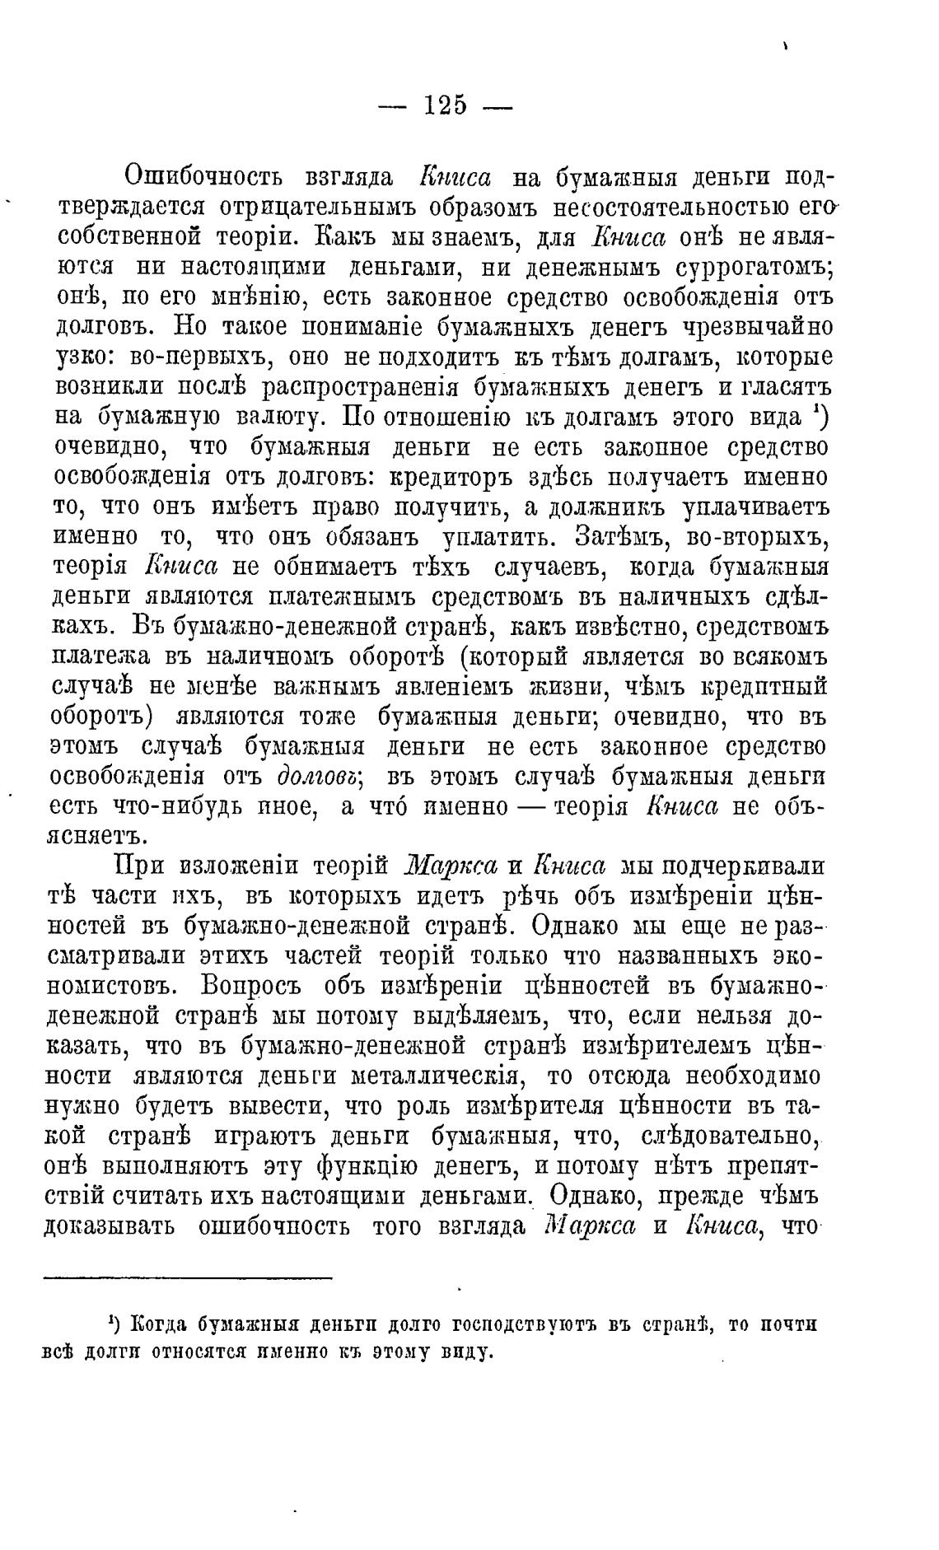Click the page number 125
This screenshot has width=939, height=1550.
445,105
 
